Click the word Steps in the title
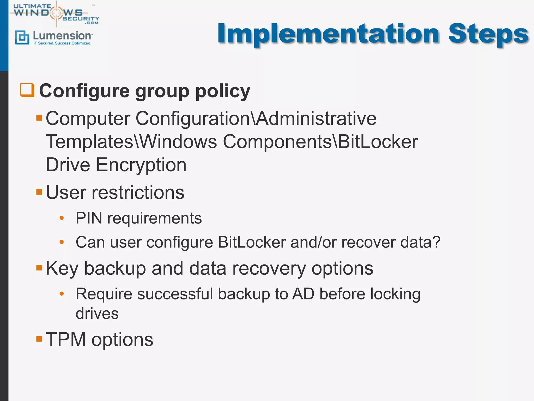tap(488, 34)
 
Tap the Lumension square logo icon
tap(22, 37)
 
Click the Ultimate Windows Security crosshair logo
tap(56, 13)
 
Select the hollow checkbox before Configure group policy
tap(27, 90)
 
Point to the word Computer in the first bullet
tap(88, 119)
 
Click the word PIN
tap(89, 218)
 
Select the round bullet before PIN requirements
tap(62, 218)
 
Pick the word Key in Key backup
tap(62, 268)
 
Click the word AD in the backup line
tap(303, 294)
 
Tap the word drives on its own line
tap(97, 314)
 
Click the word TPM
tap(65, 340)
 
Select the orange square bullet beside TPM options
tap(39, 339)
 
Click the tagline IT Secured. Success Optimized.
tap(62, 43)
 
